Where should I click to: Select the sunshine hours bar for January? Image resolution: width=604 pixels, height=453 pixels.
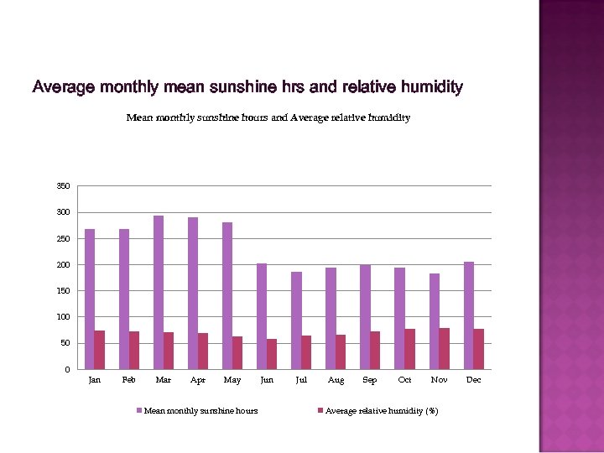[90, 299]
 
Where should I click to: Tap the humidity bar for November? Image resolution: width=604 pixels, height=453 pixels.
[444, 348]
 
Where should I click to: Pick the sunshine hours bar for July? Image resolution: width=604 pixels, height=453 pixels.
[296, 320]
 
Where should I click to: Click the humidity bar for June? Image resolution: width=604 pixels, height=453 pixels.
[272, 354]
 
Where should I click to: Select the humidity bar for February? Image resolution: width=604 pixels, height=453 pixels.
[134, 350]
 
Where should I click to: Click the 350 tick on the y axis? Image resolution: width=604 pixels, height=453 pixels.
[64, 186]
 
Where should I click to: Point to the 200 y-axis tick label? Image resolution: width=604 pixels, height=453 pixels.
[64, 265]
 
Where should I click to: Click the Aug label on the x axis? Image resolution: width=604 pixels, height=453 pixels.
[336, 380]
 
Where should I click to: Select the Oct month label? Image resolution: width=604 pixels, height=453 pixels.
[404, 380]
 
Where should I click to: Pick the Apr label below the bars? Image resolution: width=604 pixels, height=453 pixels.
[198, 380]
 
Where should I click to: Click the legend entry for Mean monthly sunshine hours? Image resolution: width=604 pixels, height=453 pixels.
[200, 410]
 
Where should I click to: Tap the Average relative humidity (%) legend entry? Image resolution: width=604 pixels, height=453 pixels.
[380, 410]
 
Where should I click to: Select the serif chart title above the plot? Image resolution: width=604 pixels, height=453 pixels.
[268, 117]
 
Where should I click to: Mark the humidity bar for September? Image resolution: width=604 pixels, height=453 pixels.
[375, 350]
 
